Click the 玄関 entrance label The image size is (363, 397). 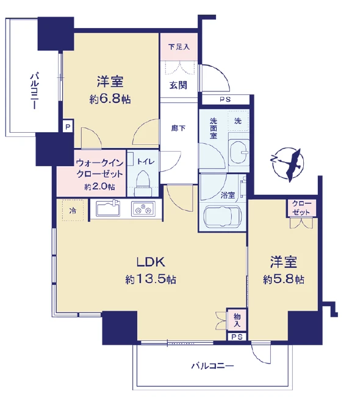pyautogui.click(x=178, y=85)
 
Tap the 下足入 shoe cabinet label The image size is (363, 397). pyautogui.click(x=179, y=47)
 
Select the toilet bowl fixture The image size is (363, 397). pyautogui.click(x=143, y=183)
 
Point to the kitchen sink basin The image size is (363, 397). pyautogui.click(x=108, y=208)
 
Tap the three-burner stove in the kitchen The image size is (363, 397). pyautogui.click(x=143, y=209)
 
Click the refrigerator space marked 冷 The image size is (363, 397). pyautogui.click(x=73, y=211)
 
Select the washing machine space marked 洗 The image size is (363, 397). pyautogui.click(x=238, y=121)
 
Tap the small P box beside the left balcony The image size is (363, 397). pyautogui.click(x=68, y=127)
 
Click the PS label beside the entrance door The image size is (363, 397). pyautogui.click(x=225, y=99)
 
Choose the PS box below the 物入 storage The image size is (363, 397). pyautogui.click(x=237, y=337)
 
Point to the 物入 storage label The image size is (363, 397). pyautogui.click(x=237, y=320)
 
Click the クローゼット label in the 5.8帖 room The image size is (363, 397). pyautogui.click(x=301, y=208)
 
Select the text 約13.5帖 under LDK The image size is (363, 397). pyautogui.click(x=151, y=279)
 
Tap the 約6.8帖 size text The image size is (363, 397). pyautogui.click(x=110, y=99)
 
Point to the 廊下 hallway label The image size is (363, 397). pyautogui.click(x=178, y=128)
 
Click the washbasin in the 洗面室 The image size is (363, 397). pyautogui.click(x=239, y=152)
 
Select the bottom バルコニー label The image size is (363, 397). pyautogui.click(x=212, y=366)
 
